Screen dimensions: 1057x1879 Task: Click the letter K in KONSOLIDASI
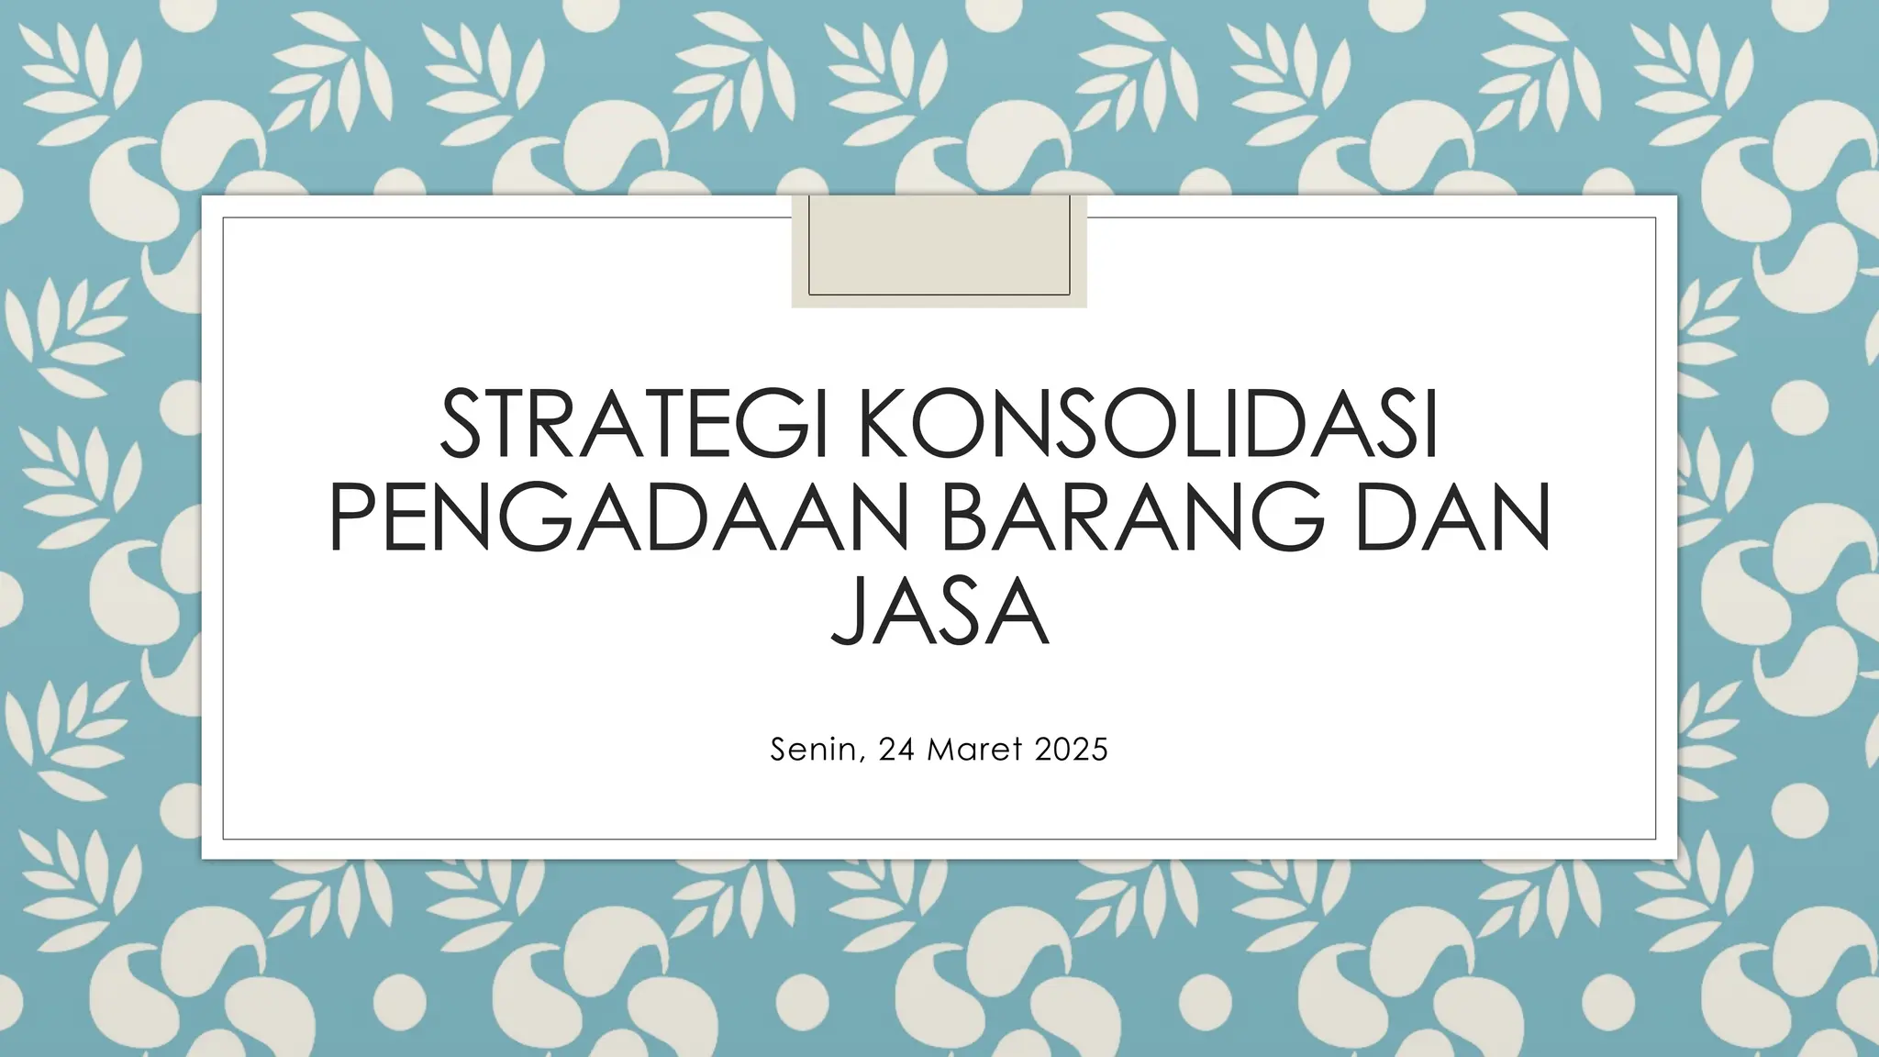pyautogui.click(x=885, y=425)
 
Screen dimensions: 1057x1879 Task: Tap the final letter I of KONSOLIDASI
pyautogui.click(x=1429, y=425)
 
